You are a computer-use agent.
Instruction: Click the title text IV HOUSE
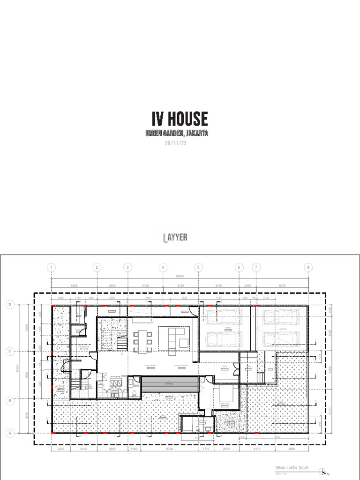pyautogui.click(x=180, y=119)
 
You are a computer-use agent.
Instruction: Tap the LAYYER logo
pyautogui.click(x=175, y=238)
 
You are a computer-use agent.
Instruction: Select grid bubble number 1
pyautogui.click(x=51, y=267)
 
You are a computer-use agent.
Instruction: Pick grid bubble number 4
pyautogui.click(x=163, y=267)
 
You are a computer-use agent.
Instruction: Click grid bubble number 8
pyautogui.click(x=308, y=267)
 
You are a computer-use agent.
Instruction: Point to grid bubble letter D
pyautogui.click(x=9, y=305)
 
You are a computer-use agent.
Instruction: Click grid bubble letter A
pyautogui.click(x=9, y=434)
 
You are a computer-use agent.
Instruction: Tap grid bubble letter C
pyautogui.click(x=9, y=351)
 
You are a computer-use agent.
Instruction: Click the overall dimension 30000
pyautogui.click(x=180, y=277)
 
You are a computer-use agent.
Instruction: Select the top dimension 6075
pyautogui.click(x=281, y=285)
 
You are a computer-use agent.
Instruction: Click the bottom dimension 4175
pyautogui.click(x=257, y=450)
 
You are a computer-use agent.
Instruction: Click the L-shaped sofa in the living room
pyautogui.click(x=174, y=337)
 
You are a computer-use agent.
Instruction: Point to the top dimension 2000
pyautogui.click(x=247, y=285)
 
